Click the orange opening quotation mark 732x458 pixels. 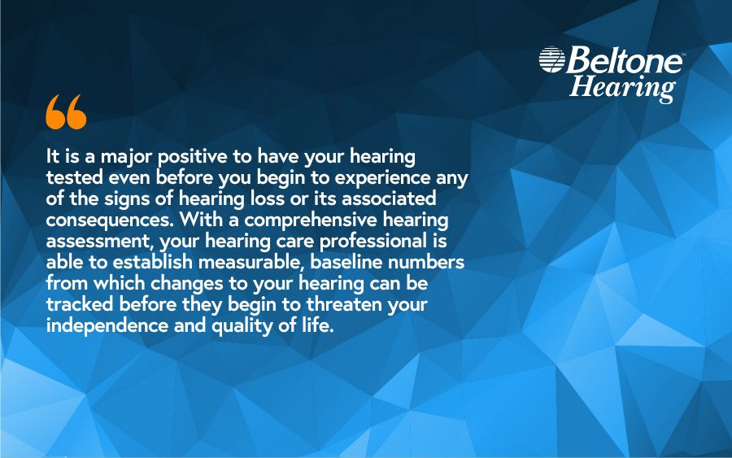(66, 112)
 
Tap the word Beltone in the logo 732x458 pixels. (624, 60)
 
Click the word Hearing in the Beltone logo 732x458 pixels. (622, 86)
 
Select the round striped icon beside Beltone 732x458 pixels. (551, 59)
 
